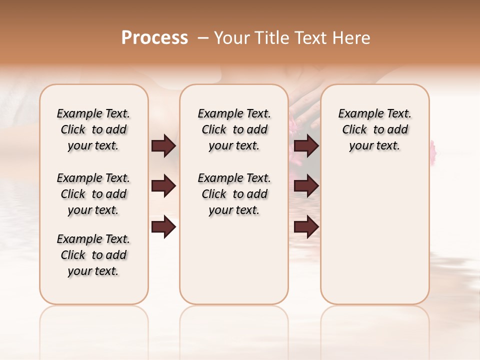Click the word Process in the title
click(x=154, y=38)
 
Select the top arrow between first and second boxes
click(x=163, y=146)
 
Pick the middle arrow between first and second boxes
click(x=163, y=186)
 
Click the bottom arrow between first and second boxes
click(x=163, y=227)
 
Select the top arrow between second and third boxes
click(x=306, y=146)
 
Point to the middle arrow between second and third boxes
click(x=306, y=186)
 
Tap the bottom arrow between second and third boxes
click(x=306, y=227)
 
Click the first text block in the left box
click(x=93, y=129)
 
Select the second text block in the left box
click(x=93, y=194)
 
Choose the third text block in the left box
click(x=93, y=255)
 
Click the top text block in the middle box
click(x=234, y=129)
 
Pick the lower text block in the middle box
click(x=234, y=194)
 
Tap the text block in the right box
click(x=374, y=129)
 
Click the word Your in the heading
click(x=231, y=38)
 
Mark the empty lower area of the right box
click(x=374, y=235)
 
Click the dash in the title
click(x=203, y=38)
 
